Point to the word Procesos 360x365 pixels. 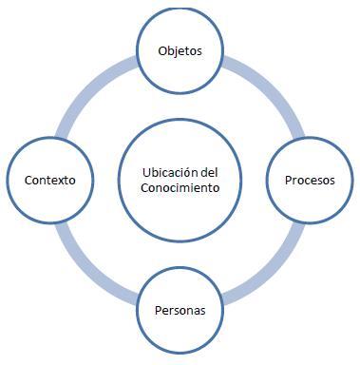coord(311,179)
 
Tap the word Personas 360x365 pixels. coord(180,311)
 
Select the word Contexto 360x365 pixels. coord(49,179)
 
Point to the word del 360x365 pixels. coord(210,171)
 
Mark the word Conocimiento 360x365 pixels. coord(180,187)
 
